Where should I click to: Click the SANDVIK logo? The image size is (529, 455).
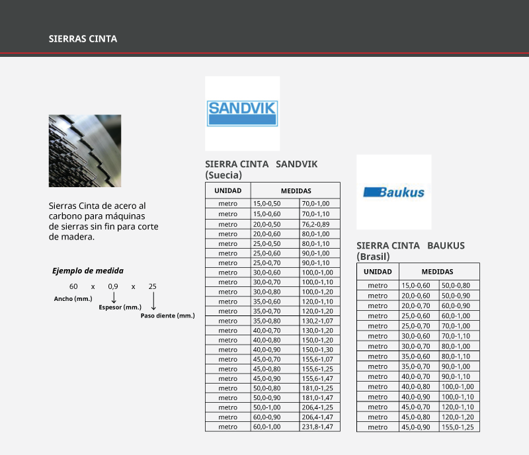tap(242, 113)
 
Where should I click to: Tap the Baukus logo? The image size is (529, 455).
tap(393, 192)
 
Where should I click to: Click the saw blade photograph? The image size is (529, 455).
tap(85, 151)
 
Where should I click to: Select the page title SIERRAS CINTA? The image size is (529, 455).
tap(83, 39)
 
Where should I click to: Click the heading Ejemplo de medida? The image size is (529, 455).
tap(88, 270)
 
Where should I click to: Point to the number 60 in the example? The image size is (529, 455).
tap(73, 286)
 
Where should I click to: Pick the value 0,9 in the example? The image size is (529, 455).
tap(113, 286)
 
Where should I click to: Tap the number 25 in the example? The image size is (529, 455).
tap(153, 286)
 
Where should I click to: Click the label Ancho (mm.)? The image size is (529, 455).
tap(73, 299)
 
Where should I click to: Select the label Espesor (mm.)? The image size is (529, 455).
tap(120, 308)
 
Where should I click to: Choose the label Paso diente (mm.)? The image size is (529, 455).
tap(167, 316)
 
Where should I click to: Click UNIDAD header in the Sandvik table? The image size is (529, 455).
tap(227, 190)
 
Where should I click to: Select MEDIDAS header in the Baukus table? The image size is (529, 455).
tap(437, 272)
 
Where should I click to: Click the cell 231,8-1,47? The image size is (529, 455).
tap(317, 427)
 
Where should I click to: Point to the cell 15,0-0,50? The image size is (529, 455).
tap(267, 204)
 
